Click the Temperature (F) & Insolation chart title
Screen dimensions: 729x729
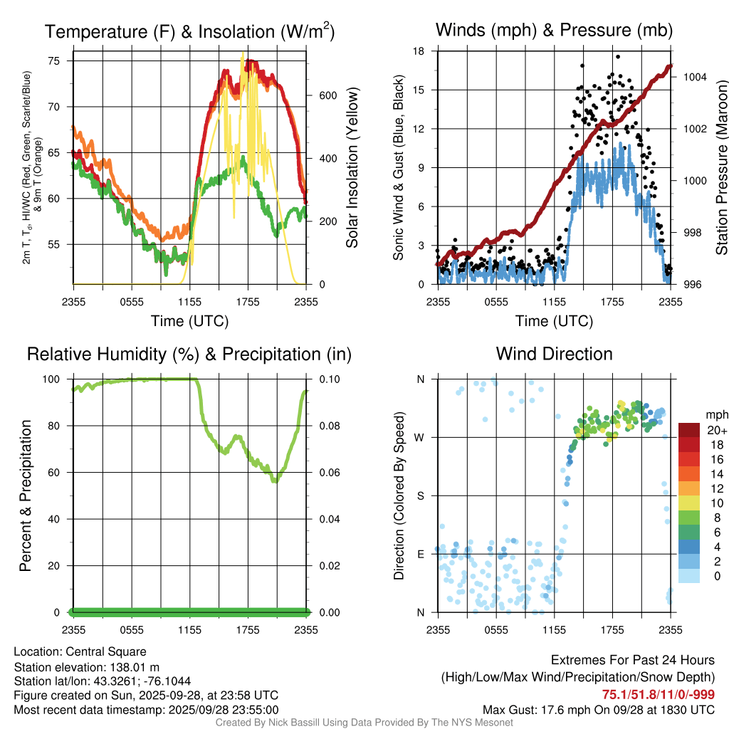pyautogui.click(x=189, y=31)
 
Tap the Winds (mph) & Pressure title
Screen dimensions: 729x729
pyautogui.click(x=554, y=30)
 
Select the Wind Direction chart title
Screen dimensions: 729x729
pyautogui.click(x=554, y=354)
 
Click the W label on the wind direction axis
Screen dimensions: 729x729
pyautogui.click(x=421, y=437)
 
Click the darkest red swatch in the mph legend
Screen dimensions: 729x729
pyautogui.click(x=690, y=430)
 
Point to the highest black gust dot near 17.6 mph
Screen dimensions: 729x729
pyautogui.click(x=618, y=57)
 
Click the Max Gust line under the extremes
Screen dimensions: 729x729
pyautogui.click(x=599, y=709)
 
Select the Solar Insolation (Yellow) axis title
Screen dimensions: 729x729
pyautogui.click(x=352, y=168)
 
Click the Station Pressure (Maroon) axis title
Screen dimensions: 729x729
pyautogui.click(x=721, y=168)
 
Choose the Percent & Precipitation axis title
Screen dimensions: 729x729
pyautogui.click(x=25, y=495)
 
